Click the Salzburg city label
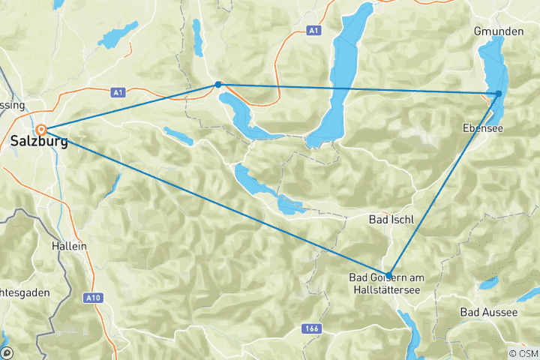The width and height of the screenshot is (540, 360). pyautogui.click(x=38, y=142)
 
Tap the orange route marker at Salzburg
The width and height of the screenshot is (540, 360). pyautogui.click(x=43, y=130)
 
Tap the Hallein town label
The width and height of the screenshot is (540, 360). pyautogui.click(x=69, y=246)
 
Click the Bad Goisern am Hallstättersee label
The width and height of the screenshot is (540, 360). pyautogui.click(x=387, y=283)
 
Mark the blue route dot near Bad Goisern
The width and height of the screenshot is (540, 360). pyautogui.click(x=388, y=274)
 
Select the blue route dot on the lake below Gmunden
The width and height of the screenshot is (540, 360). pyautogui.click(x=499, y=94)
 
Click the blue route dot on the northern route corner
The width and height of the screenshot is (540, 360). pyautogui.click(x=217, y=84)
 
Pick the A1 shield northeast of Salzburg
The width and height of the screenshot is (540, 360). pyautogui.click(x=116, y=92)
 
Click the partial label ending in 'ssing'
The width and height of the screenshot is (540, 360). pyautogui.click(x=12, y=105)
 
